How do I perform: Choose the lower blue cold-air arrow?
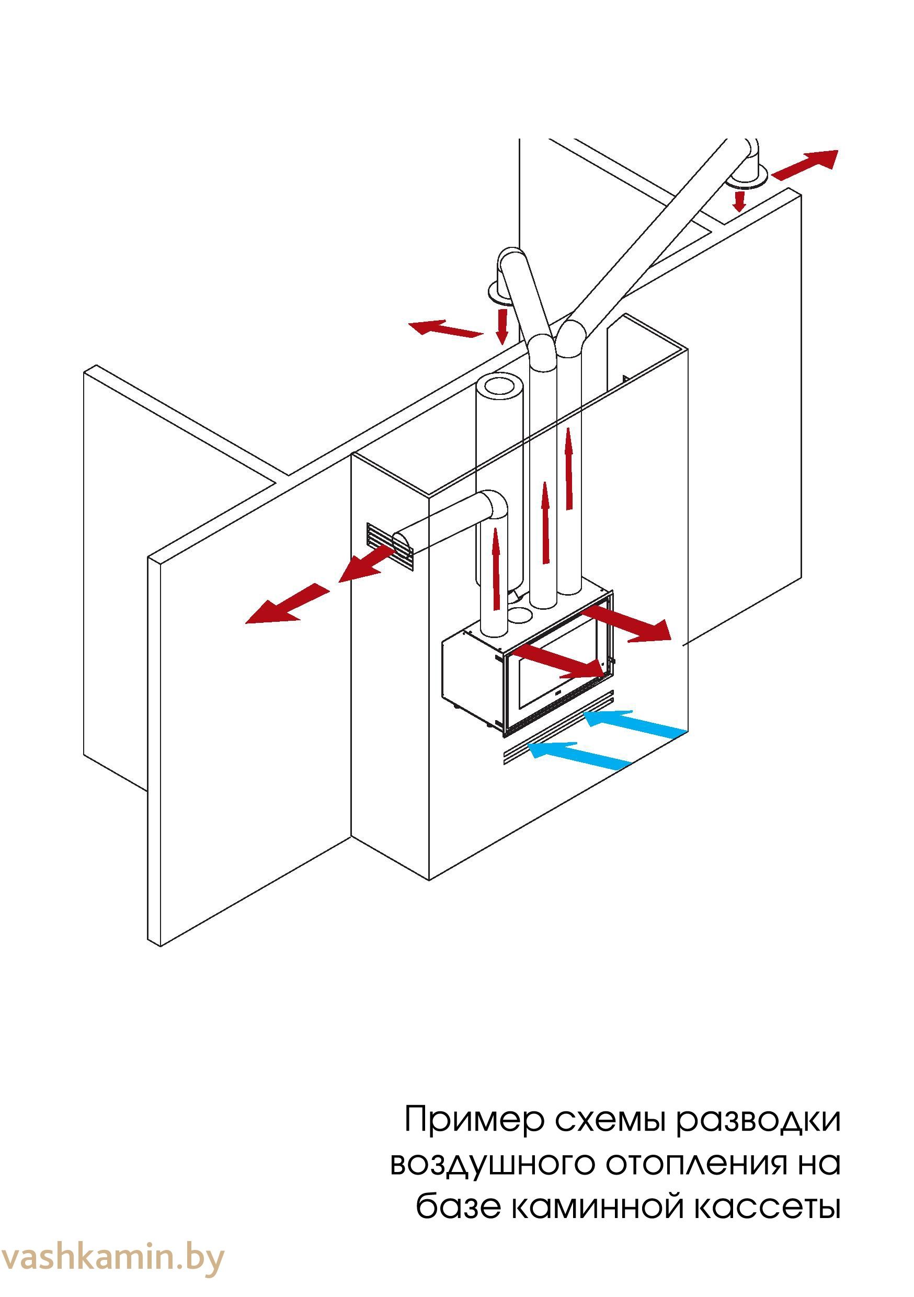click(x=578, y=754)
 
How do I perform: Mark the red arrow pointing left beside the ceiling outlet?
click(x=444, y=329)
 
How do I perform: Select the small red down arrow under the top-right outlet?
click(x=739, y=201)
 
